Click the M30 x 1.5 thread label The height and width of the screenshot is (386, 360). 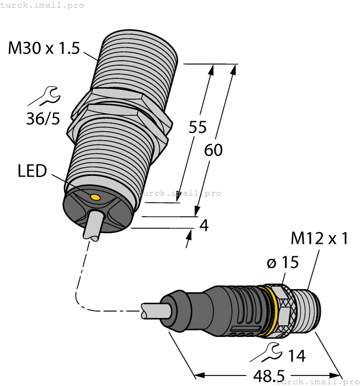pos(44,49)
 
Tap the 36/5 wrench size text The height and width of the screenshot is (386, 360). pos(43,118)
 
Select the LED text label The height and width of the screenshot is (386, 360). pos(32,171)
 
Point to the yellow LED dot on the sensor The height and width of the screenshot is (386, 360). pos(95,197)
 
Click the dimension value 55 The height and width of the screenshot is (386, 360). pos(197,127)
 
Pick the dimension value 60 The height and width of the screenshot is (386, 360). pos(213,149)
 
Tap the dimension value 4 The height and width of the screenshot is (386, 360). pos(203,226)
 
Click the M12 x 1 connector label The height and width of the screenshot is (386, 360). pos(320,239)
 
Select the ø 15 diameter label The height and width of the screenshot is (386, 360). pos(282,262)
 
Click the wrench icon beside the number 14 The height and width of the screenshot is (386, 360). pos(272,351)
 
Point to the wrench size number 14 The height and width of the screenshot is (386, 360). pos(296,356)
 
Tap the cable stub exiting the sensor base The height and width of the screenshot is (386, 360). pos(90,226)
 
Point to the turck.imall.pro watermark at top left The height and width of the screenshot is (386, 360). pos(42,5)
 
